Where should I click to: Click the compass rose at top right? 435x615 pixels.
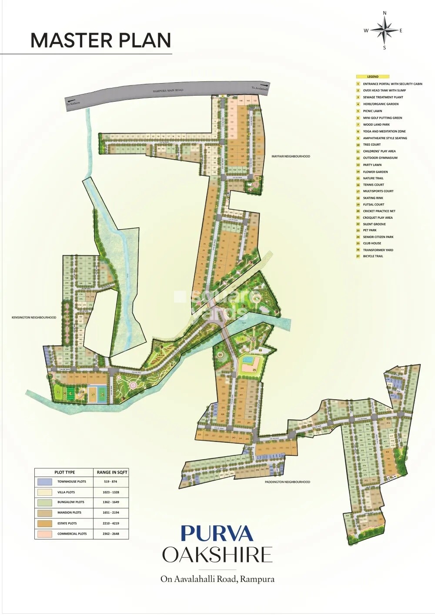pyautogui.click(x=384, y=30)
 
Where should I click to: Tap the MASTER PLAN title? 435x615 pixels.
pyautogui.click(x=100, y=40)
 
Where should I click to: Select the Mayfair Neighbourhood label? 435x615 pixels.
pyautogui.click(x=291, y=156)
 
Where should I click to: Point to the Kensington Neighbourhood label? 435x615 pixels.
pyautogui.click(x=34, y=318)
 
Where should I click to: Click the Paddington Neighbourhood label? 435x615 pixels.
pyautogui.click(x=288, y=482)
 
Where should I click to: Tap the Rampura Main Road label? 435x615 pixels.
pyautogui.click(x=168, y=90)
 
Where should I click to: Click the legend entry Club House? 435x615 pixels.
pyautogui.click(x=372, y=243)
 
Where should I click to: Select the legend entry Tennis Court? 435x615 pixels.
pyautogui.click(x=373, y=185)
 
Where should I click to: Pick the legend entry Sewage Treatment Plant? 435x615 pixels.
pyautogui.click(x=383, y=97)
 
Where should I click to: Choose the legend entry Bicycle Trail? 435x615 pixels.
pyautogui.click(x=373, y=256)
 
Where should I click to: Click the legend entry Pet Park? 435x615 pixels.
pyautogui.click(x=370, y=231)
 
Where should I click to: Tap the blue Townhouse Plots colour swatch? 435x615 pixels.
pyautogui.click(x=45, y=482)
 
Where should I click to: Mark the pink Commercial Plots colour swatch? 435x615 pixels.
pyautogui.click(x=45, y=534)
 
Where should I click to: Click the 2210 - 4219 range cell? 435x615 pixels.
pyautogui.click(x=111, y=523)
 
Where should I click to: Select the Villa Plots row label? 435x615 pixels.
pyautogui.click(x=66, y=492)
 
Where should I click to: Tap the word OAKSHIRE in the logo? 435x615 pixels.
pyautogui.click(x=217, y=555)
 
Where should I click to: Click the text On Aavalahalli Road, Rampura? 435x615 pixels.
pyautogui.click(x=217, y=579)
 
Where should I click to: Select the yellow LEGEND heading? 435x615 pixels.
pyautogui.click(x=373, y=77)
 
